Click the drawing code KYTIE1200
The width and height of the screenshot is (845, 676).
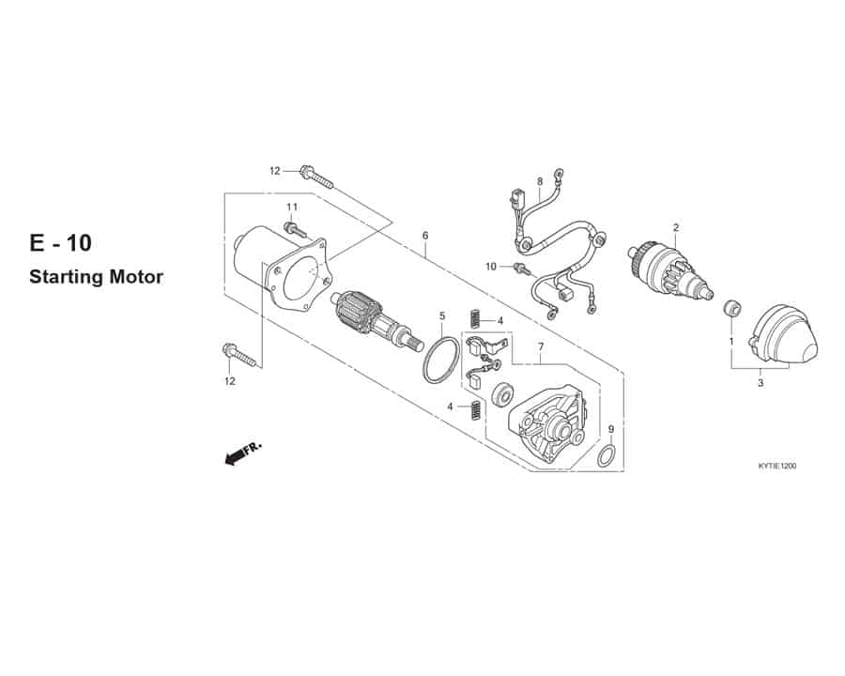click(776, 466)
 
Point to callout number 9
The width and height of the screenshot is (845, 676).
click(610, 429)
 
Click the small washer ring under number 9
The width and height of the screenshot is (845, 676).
click(606, 455)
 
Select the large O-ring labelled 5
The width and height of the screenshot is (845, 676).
click(441, 361)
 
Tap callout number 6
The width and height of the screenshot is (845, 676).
click(425, 236)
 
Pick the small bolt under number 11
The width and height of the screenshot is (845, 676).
click(294, 229)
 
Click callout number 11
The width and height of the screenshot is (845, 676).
click(292, 207)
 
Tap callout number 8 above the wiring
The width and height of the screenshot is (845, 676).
click(540, 181)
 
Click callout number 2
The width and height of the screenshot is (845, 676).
click(676, 227)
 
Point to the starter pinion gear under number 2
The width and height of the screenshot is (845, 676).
click(669, 273)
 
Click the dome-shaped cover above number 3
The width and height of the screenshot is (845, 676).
click(784, 333)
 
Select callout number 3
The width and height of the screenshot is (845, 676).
click(760, 383)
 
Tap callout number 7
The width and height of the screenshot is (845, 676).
click(541, 347)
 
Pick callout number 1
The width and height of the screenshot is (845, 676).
click(731, 341)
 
